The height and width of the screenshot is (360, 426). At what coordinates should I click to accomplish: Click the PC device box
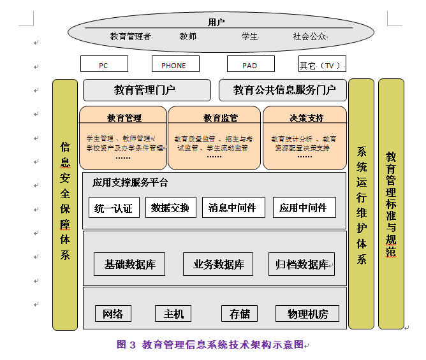(x=104, y=64)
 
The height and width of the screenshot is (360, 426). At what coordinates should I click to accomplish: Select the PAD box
(x=251, y=64)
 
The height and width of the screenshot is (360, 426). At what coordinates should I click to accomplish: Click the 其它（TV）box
(x=321, y=64)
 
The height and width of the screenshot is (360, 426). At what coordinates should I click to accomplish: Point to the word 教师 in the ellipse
(x=188, y=37)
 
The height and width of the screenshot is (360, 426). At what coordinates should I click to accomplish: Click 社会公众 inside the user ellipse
(x=310, y=37)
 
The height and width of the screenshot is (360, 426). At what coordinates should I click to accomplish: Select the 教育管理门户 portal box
(x=146, y=90)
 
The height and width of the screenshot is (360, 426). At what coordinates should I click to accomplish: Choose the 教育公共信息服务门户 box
(x=284, y=90)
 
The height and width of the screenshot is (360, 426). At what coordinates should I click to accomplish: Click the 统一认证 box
(x=114, y=208)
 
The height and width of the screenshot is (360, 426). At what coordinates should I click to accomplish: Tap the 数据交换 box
(x=170, y=208)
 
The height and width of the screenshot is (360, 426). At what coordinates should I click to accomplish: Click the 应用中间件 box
(x=304, y=208)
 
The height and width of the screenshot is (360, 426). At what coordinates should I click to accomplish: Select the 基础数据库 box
(x=130, y=264)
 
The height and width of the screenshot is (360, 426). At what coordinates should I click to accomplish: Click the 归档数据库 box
(x=301, y=264)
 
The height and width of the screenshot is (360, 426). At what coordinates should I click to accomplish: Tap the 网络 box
(x=114, y=313)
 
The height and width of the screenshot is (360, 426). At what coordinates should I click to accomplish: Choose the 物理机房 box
(x=307, y=313)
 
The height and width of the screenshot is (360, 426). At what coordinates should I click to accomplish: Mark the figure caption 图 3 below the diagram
(x=210, y=345)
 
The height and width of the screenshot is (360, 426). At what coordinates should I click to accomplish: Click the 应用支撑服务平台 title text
(x=130, y=183)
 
